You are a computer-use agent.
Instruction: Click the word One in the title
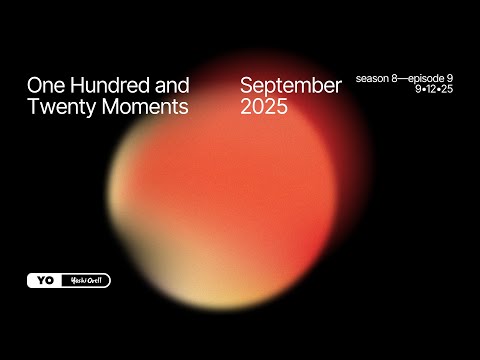(x=45, y=86)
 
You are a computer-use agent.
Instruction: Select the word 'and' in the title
(x=173, y=86)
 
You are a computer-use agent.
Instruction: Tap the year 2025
(x=264, y=108)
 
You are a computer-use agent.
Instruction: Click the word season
(x=375, y=78)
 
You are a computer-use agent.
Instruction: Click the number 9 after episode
(x=463, y=78)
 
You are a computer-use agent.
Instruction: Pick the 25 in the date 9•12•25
(x=459, y=90)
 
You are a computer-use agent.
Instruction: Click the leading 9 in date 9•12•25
(x=421, y=90)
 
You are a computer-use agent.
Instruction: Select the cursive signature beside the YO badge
(x=84, y=281)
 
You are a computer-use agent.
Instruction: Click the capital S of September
(x=247, y=86)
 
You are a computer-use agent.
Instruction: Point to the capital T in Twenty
(x=33, y=108)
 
